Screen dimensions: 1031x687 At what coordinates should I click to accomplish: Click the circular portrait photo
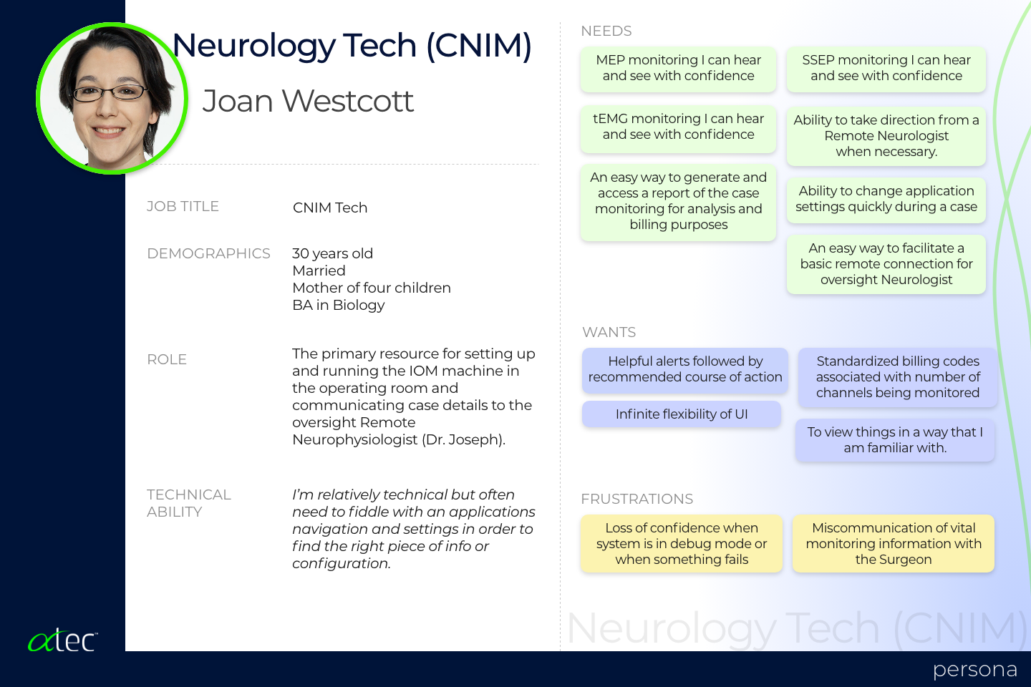click(x=112, y=99)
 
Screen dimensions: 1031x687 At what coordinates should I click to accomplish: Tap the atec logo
click(x=62, y=640)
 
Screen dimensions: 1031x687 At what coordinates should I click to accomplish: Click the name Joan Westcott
click(x=308, y=101)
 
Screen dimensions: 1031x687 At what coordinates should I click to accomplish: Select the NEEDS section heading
click(x=606, y=31)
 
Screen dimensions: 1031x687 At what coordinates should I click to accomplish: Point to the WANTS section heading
click(x=609, y=332)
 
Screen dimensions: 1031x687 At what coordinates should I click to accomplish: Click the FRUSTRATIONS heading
click(x=637, y=499)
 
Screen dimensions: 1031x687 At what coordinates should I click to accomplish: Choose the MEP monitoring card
click(x=679, y=68)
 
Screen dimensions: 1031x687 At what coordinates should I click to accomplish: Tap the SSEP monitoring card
click(x=886, y=68)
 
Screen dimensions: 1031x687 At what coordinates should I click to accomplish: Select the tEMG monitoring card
click(x=679, y=128)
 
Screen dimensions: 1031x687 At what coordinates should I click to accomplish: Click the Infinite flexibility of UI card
click(x=682, y=414)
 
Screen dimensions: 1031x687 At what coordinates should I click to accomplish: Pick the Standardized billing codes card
click(x=898, y=377)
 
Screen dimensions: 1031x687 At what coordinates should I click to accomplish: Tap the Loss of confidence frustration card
click(x=682, y=543)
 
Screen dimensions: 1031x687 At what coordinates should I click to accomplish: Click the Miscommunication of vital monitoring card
click(x=894, y=543)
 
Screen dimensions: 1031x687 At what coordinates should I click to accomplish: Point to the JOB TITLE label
click(x=183, y=206)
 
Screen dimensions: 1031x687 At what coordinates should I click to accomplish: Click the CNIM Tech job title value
click(x=330, y=208)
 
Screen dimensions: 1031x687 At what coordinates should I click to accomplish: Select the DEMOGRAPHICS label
click(x=208, y=253)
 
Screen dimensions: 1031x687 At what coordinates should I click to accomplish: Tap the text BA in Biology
click(x=338, y=305)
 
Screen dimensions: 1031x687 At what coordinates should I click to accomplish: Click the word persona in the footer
click(x=975, y=670)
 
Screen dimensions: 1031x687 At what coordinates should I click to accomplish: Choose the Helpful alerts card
click(x=685, y=370)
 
